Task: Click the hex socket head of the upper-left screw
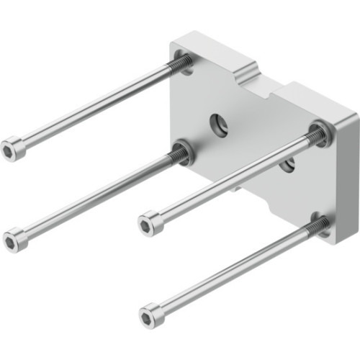tap(13, 149)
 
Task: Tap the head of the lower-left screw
tap(15, 239)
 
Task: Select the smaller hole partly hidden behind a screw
tap(287, 165)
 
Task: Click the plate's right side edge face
tap(346, 180)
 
